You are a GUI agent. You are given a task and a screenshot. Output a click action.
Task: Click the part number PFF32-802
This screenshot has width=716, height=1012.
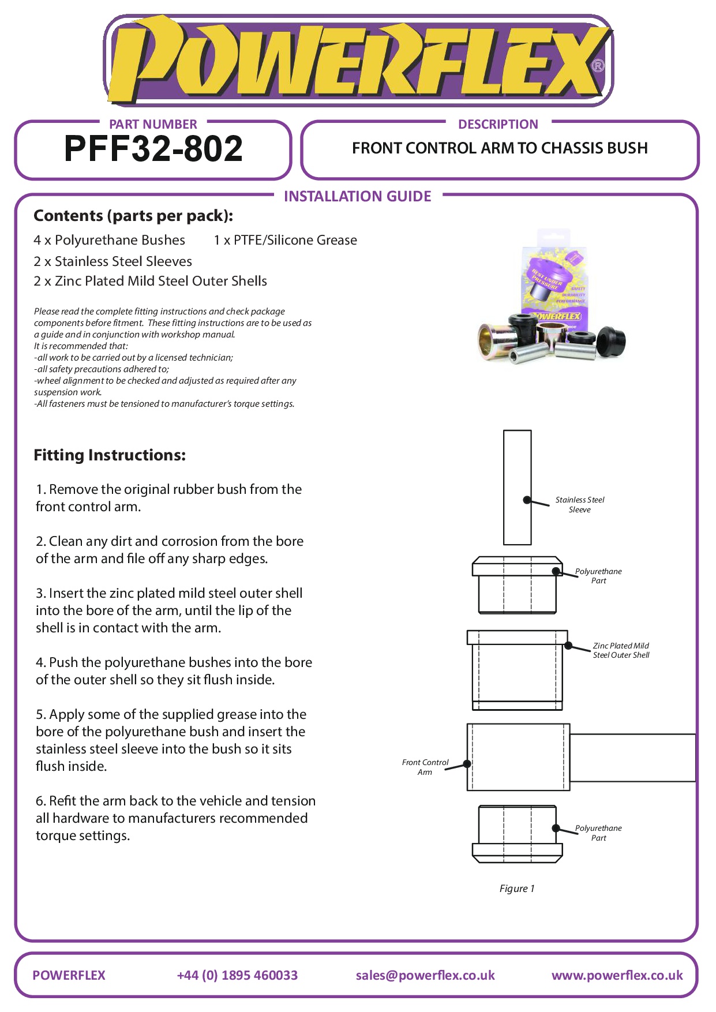point(153,149)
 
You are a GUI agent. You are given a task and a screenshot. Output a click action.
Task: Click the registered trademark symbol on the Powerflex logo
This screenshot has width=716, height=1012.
point(598,66)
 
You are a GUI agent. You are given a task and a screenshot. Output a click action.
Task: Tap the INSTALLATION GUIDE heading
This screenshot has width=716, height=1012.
point(357,197)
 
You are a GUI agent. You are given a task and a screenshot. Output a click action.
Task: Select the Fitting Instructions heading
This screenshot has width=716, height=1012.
point(110,455)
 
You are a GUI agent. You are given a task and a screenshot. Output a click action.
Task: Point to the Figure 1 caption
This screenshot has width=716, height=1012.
point(517,889)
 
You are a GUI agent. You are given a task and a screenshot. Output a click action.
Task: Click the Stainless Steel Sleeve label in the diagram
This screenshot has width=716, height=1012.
point(580,505)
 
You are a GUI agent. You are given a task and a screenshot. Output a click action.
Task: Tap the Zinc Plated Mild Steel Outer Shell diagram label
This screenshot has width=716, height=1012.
point(621,650)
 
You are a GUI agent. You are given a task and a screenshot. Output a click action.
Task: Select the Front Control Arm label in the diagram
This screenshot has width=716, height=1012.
point(425,767)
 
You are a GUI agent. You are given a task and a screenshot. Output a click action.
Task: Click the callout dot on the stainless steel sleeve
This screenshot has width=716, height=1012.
point(527,500)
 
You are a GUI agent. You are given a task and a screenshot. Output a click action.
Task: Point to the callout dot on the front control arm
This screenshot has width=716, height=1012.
point(467,763)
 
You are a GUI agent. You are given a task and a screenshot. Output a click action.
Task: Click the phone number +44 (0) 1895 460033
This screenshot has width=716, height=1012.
point(237,975)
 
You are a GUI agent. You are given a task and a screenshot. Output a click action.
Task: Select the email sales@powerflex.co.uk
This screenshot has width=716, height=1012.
point(425,975)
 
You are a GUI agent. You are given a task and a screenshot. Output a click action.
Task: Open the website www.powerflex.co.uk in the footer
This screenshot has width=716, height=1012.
point(617,975)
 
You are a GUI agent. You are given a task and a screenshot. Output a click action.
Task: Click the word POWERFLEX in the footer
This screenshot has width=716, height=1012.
point(69,975)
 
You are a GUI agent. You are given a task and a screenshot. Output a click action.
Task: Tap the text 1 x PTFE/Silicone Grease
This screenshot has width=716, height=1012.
point(285,240)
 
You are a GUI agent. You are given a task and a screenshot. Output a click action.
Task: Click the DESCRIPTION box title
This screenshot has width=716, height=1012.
point(498,124)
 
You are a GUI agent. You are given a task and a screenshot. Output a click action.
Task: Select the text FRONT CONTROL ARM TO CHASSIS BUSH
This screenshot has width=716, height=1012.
point(500,148)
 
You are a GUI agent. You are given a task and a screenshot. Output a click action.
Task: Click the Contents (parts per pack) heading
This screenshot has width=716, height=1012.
point(133,216)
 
